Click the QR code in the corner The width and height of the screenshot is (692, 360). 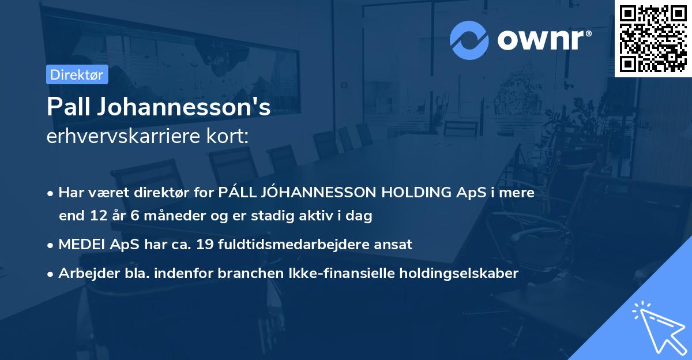pos(653,38)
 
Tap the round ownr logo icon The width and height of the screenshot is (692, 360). pos(469,40)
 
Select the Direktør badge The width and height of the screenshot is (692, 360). pos(77,74)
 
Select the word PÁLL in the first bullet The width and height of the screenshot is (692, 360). pos(236,193)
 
